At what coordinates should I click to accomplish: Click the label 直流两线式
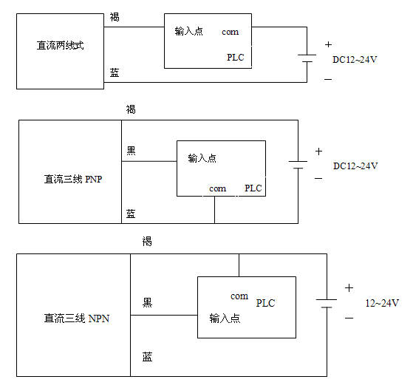(60, 45)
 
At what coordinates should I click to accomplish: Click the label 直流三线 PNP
(73, 179)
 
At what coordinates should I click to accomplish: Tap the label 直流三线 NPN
(77, 318)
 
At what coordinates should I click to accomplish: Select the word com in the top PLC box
(231, 32)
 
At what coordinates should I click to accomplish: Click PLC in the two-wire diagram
(236, 57)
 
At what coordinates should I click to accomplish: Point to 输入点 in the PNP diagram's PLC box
(202, 158)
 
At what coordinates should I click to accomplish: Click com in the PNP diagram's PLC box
(217, 188)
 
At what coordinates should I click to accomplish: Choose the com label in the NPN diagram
(239, 296)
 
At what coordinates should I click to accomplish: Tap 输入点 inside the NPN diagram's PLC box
(225, 318)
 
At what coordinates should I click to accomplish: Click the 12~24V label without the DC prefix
(382, 303)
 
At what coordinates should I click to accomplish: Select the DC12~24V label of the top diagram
(355, 60)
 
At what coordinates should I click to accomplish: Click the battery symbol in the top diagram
(307, 58)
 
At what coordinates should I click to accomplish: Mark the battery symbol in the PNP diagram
(298, 165)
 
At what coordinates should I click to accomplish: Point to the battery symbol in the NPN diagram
(327, 303)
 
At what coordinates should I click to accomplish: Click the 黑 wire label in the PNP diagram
(131, 151)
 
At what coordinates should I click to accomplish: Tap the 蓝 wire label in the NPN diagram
(147, 357)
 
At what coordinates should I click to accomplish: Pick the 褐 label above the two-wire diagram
(115, 17)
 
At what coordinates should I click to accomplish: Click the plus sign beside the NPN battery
(349, 288)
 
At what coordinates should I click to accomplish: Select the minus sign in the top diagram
(328, 79)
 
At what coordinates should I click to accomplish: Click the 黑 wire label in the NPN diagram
(147, 302)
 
